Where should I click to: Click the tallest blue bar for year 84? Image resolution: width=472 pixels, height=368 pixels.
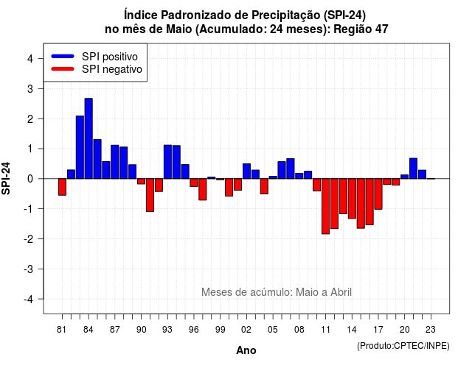(88, 138)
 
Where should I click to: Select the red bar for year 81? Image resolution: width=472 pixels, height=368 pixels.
(62, 187)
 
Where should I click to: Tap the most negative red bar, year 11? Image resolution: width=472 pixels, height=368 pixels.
(325, 206)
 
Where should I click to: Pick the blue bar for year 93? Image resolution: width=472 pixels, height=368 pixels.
(167, 162)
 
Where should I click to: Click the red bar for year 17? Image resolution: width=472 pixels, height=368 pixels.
(378, 194)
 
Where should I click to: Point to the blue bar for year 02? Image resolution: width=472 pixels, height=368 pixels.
(246, 171)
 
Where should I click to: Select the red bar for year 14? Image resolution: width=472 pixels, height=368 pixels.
(352, 199)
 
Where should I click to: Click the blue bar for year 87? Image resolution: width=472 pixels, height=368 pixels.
(115, 162)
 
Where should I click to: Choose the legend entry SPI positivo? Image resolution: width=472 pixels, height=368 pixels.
(94, 56)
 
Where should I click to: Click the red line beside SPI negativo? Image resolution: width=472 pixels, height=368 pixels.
(63, 69)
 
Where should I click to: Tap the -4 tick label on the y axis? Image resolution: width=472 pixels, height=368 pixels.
(29, 300)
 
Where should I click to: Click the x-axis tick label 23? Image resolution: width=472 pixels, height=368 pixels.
(431, 330)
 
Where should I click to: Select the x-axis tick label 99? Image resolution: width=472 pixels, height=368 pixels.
(221, 330)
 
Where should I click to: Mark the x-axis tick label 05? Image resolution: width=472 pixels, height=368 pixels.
(273, 330)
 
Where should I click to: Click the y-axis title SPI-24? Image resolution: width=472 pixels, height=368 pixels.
(6, 178)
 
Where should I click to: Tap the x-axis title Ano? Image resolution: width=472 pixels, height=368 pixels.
(246, 350)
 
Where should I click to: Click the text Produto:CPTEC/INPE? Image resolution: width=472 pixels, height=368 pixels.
(403, 346)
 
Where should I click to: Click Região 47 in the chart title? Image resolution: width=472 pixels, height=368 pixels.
(361, 29)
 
